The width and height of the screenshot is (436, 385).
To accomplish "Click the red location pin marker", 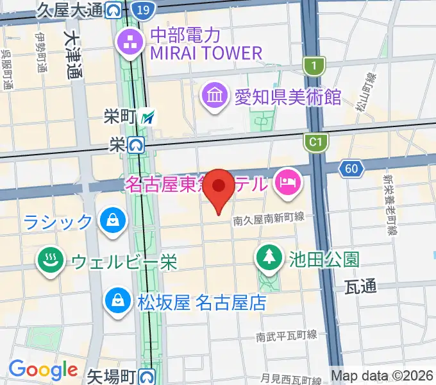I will (221, 187).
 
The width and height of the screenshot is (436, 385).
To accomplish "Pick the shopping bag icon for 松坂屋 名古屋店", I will (118, 300).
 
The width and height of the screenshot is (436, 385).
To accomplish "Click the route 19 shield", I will (145, 9).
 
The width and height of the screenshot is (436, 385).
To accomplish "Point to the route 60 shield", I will (351, 169).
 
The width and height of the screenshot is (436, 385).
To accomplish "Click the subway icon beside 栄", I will (136, 146).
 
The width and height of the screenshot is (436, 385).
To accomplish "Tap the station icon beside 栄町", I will (149, 117).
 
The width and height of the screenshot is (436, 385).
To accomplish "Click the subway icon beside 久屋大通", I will (114, 9).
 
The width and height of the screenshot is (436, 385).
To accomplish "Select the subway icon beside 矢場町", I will (149, 375).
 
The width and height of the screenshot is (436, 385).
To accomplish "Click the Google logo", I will (43, 370).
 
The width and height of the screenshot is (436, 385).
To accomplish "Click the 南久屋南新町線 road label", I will (269, 219).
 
